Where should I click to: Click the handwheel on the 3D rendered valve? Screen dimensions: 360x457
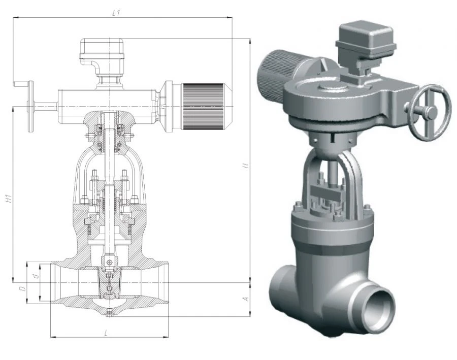430,113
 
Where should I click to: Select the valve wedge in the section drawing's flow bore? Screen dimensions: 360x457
109,282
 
